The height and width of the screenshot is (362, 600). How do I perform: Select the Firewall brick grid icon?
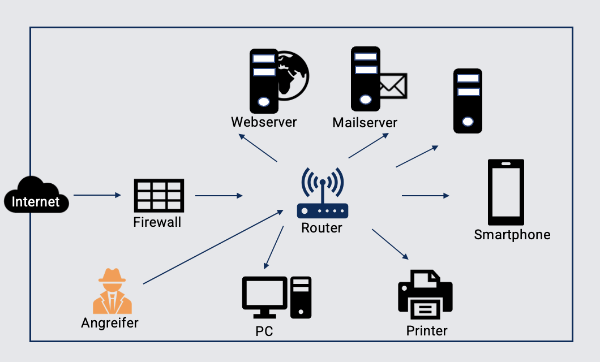click(x=158, y=196)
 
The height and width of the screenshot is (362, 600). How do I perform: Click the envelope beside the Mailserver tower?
click(x=393, y=86)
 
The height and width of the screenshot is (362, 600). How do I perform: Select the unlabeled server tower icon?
click(x=468, y=101)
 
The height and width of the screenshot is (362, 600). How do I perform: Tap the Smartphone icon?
click(x=506, y=192)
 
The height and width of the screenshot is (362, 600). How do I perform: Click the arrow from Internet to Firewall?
click(x=97, y=195)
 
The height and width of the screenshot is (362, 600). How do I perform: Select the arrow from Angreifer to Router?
click(x=213, y=247)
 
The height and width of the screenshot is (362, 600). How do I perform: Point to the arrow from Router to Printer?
click(x=390, y=244)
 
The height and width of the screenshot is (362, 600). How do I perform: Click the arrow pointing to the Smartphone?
click(x=425, y=196)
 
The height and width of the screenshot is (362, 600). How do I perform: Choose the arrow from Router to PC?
click(x=273, y=247)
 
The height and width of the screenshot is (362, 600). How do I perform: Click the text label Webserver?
click(x=264, y=122)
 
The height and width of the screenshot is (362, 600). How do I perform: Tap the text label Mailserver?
click(x=365, y=122)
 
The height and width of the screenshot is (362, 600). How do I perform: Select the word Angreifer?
click(x=110, y=323)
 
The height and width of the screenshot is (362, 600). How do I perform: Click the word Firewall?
click(x=157, y=222)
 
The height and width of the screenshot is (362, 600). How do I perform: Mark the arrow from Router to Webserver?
click(x=258, y=148)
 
